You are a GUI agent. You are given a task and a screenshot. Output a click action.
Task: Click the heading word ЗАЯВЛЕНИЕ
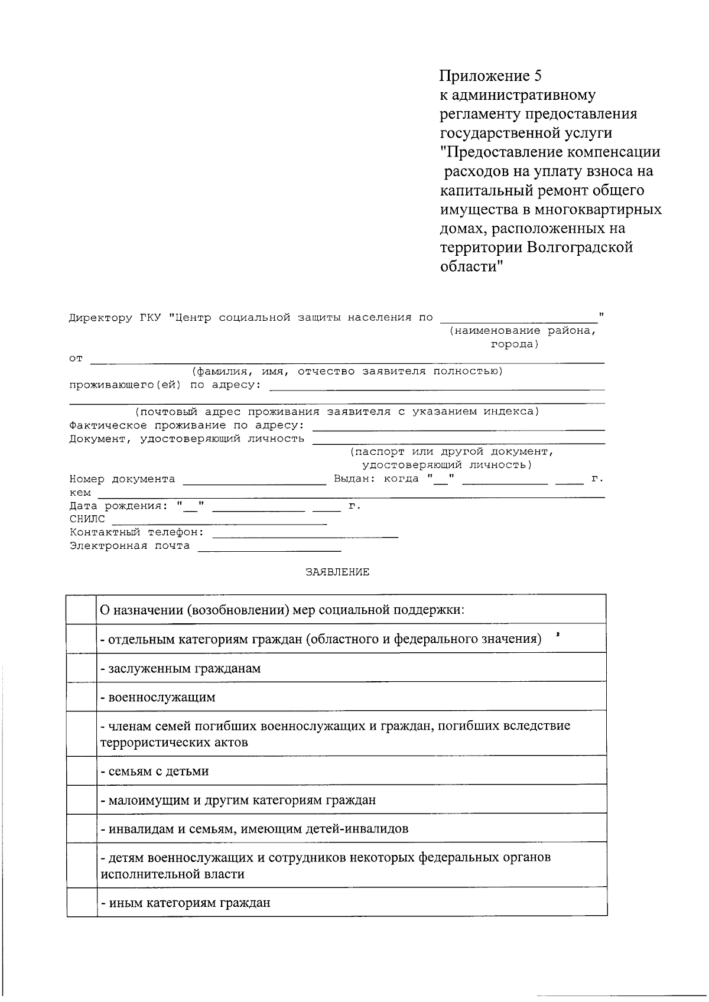(337, 572)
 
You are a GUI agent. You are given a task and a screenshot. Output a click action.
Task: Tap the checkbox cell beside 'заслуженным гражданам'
(82, 668)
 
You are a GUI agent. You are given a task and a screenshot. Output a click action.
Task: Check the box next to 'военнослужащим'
(82, 697)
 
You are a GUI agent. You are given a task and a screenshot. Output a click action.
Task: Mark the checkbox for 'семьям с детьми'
(82, 770)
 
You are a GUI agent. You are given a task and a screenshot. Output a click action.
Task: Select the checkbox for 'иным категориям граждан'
(82, 902)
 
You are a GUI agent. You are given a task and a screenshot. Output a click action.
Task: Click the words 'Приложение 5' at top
(490, 76)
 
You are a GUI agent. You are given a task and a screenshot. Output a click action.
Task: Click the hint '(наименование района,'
(522, 331)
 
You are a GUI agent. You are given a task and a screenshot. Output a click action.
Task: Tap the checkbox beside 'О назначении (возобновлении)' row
(82, 609)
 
